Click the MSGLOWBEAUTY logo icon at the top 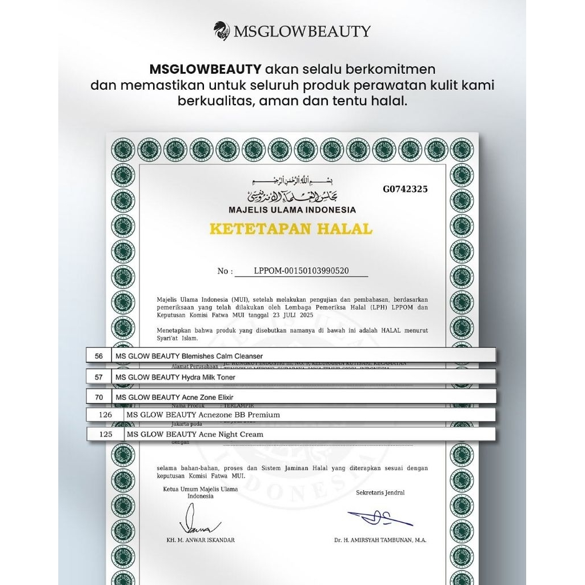pyautogui.click(x=222, y=30)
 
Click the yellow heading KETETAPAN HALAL pyautogui.click(x=291, y=229)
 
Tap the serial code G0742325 pyautogui.click(x=405, y=190)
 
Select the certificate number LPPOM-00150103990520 pyautogui.click(x=301, y=271)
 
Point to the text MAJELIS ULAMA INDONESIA pyautogui.click(x=292, y=210)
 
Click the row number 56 pyautogui.click(x=99, y=356)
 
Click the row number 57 pyautogui.click(x=99, y=377)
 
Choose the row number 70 pyautogui.click(x=99, y=396)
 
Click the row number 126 pyautogui.click(x=106, y=415)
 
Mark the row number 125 pyautogui.click(x=106, y=434)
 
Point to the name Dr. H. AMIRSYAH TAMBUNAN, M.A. pyautogui.click(x=380, y=540)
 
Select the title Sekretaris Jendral pyautogui.click(x=380, y=492)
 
